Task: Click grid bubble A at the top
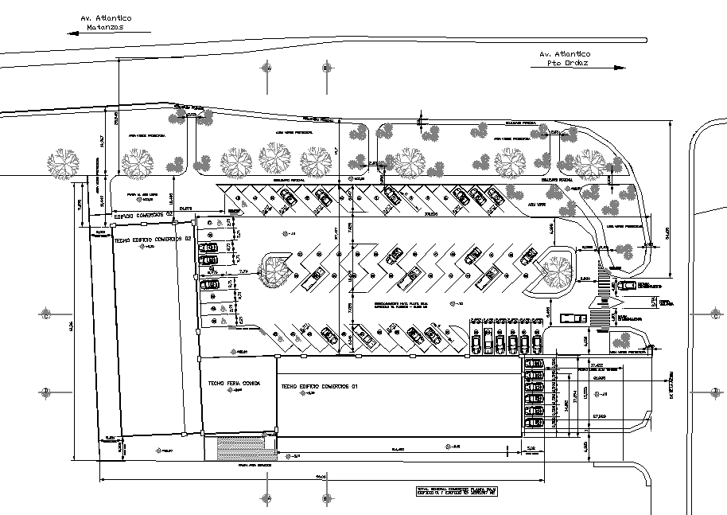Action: pos(268,69)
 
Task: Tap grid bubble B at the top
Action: pos(325,69)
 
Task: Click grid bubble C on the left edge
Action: pos(46,314)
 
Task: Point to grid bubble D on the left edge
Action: pos(46,391)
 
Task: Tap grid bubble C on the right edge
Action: pos(714,314)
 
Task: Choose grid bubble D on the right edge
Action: pos(714,391)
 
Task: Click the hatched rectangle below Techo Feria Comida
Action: pos(241,447)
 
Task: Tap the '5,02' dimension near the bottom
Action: pos(531,450)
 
